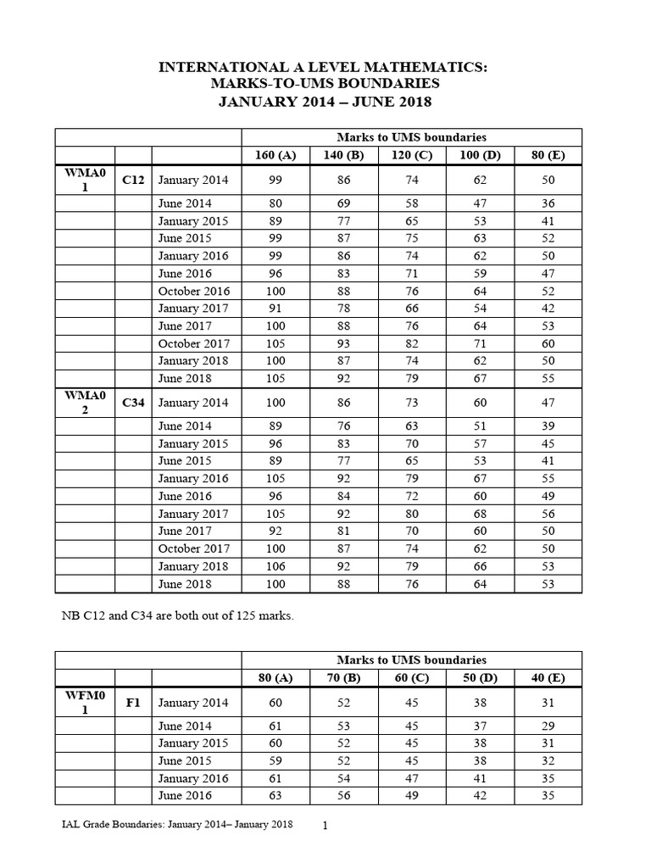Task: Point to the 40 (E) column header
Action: [x=548, y=677]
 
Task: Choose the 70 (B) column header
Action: [x=343, y=677]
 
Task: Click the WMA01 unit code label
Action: [x=85, y=180]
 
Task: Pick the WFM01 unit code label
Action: [x=85, y=703]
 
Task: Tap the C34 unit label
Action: [x=133, y=403]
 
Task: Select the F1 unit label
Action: [x=133, y=703]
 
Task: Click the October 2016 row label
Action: [x=193, y=291]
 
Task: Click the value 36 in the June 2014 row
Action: [x=548, y=203]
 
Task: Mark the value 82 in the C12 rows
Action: [x=412, y=343]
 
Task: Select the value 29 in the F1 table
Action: [x=548, y=726]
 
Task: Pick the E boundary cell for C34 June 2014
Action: [x=548, y=426]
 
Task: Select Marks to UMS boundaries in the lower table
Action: [x=411, y=659]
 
